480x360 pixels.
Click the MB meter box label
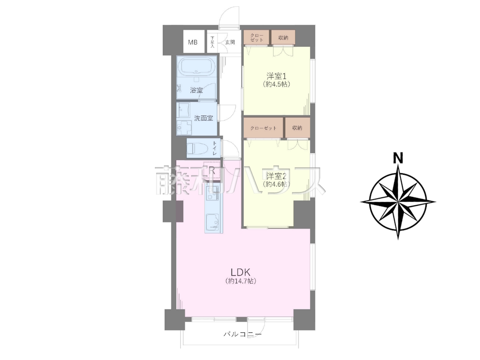193,42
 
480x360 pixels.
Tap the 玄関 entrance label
230,42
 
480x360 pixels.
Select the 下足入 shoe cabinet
212,42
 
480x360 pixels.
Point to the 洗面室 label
203,118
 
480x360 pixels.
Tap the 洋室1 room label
276,76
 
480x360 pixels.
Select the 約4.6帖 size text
276,184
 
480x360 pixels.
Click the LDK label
240,272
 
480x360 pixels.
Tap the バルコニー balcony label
242,334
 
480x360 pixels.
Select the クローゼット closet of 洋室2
263,128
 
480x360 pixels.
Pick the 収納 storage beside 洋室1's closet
283,37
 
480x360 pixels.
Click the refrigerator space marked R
211,170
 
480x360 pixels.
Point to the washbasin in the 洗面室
184,110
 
